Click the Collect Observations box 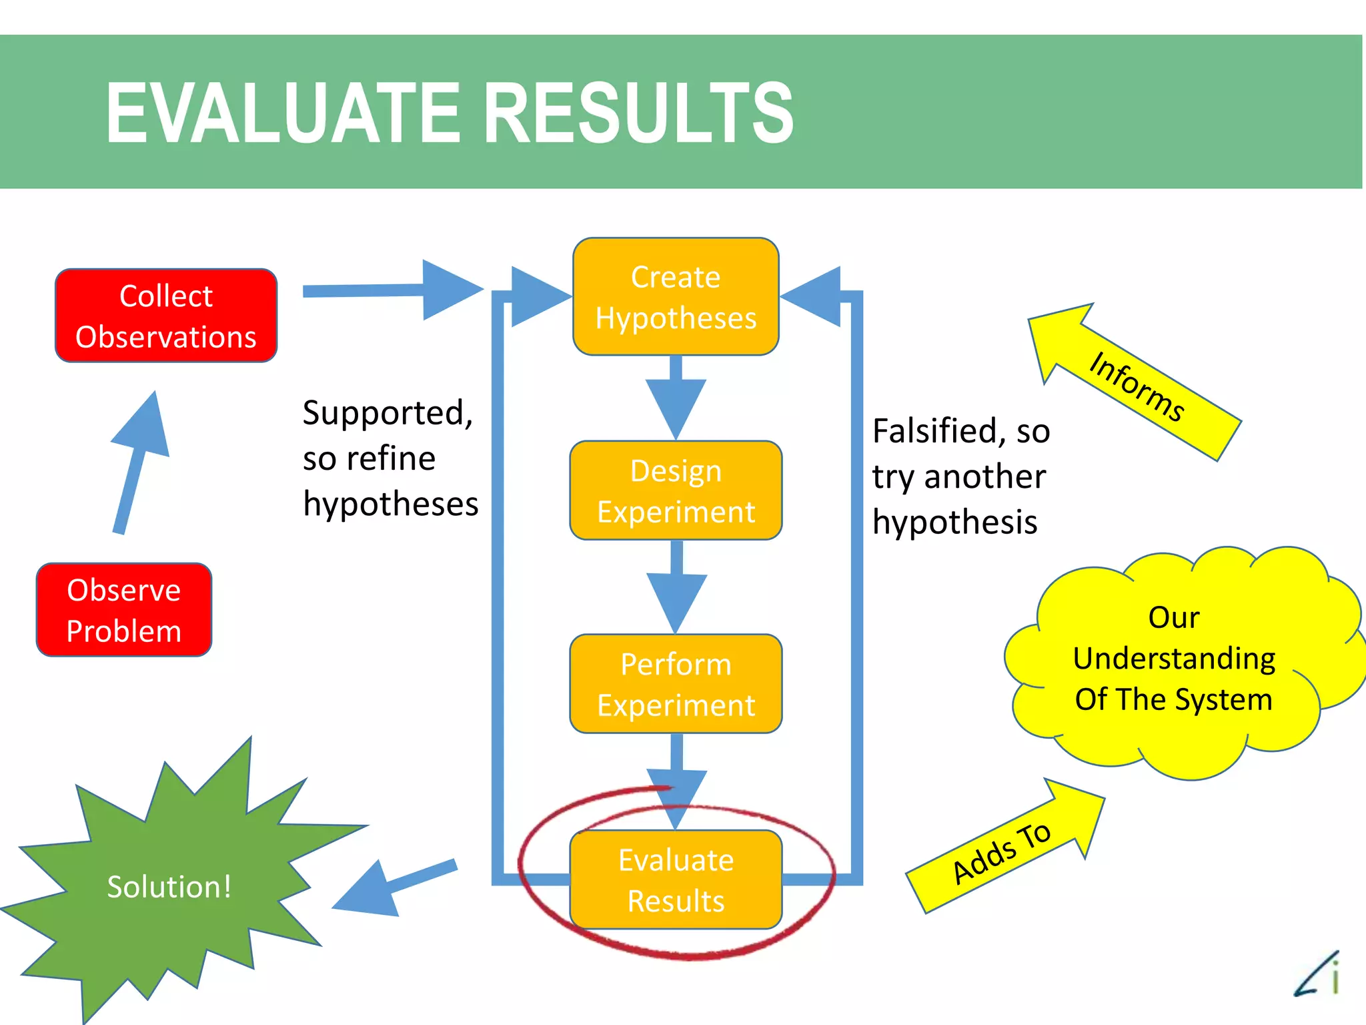(x=166, y=316)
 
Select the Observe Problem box (x=124, y=610)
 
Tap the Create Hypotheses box (x=676, y=297)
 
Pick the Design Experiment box (x=676, y=490)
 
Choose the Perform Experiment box (x=676, y=684)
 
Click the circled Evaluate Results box (x=676, y=880)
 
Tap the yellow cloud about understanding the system (x=1174, y=661)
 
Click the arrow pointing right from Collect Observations (x=394, y=290)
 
